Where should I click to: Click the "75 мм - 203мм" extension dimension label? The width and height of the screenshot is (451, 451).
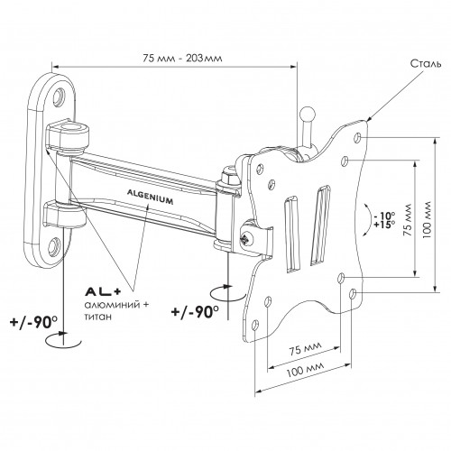[x=182, y=58]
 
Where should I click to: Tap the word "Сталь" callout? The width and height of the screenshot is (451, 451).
[x=427, y=64]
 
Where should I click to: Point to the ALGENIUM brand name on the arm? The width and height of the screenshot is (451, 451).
[x=151, y=197]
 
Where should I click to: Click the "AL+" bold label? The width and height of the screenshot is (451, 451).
[x=103, y=291]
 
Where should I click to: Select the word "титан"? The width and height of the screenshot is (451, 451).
[x=98, y=317]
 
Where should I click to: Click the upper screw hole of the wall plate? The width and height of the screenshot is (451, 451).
[x=58, y=97]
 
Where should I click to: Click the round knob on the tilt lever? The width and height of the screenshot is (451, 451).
[x=307, y=115]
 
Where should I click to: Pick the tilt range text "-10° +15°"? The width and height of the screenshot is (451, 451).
[x=384, y=220]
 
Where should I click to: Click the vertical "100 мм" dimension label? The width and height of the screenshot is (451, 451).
[x=427, y=219]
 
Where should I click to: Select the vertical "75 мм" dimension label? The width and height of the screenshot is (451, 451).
[x=407, y=219]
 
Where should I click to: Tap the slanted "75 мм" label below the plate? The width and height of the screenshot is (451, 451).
[x=305, y=348]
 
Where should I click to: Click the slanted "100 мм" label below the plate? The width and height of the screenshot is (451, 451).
[x=305, y=369]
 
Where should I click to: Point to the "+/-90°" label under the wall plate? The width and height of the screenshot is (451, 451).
[x=33, y=322]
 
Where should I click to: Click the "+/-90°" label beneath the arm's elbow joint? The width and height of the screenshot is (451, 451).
[x=195, y=311]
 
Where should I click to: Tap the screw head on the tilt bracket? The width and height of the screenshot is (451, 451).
[x=247, y=239]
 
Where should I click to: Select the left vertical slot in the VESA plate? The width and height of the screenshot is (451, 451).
[x=291, y=235]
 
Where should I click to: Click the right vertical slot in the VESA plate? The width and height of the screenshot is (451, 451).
[x=320, y=225]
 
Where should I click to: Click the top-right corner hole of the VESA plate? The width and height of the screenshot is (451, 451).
[x=357, y=137]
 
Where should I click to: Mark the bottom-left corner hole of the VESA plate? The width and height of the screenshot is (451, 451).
[x=255, y=325]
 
